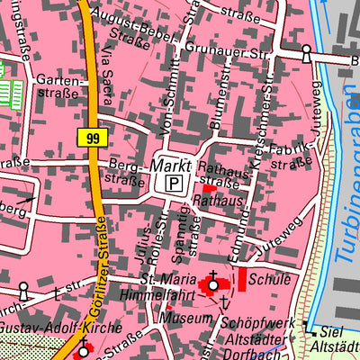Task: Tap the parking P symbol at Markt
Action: click(172, 184)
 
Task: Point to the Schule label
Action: click(270, 279)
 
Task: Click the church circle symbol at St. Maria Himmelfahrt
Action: click(213, 287)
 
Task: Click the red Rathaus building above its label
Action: click(209, 189)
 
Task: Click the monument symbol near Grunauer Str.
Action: click(306, 54)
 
